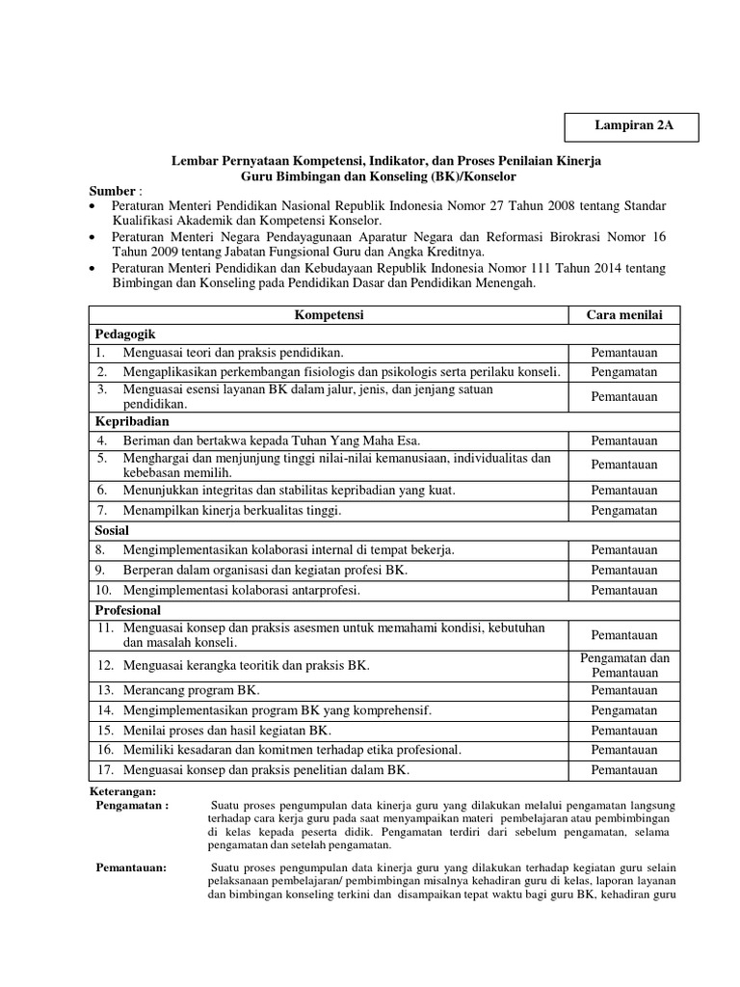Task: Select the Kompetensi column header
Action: [328, 315]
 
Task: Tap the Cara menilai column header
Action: [624, 315]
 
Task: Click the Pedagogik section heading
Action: [126, 333]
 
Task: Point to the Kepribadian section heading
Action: [132, 421]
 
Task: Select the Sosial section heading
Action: [112, 530]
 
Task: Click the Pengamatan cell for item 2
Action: [624, 371]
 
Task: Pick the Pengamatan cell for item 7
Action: [624, 510]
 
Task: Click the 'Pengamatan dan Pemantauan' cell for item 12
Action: [624, 664]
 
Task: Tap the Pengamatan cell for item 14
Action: [624, 710]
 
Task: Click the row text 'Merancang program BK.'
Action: [192, 691]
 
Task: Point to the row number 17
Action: [105, 769]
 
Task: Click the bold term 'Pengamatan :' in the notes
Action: [133, 805]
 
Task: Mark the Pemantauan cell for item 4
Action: [624, 440]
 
